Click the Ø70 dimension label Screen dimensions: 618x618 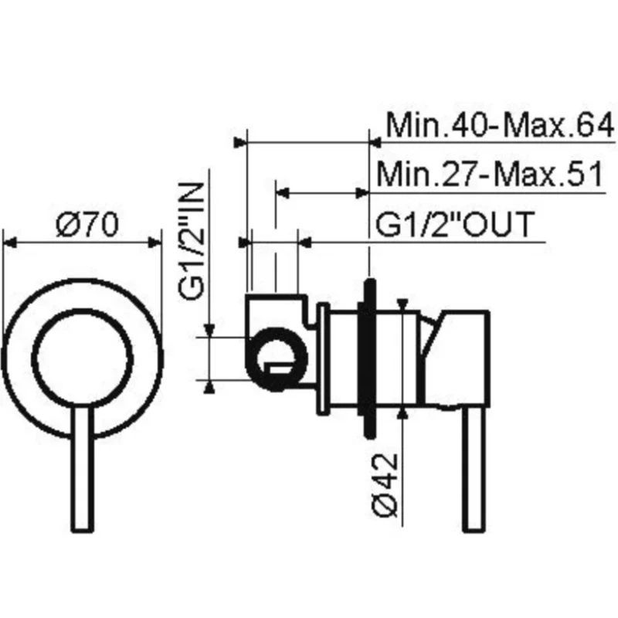point(87,225)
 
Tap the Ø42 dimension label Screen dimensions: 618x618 point(385,485)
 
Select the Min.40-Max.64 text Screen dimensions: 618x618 point(500,125)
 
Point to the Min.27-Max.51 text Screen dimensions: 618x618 point(490,174)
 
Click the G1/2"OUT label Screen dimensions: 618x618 point(455,224)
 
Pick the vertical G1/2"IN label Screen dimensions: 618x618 point(191,241)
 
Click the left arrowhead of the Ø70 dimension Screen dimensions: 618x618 point(9,243)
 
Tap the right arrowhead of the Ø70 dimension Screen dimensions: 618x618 point(154,243)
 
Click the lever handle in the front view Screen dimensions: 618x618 point(83,469)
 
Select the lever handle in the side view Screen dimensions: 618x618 point(474,469)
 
